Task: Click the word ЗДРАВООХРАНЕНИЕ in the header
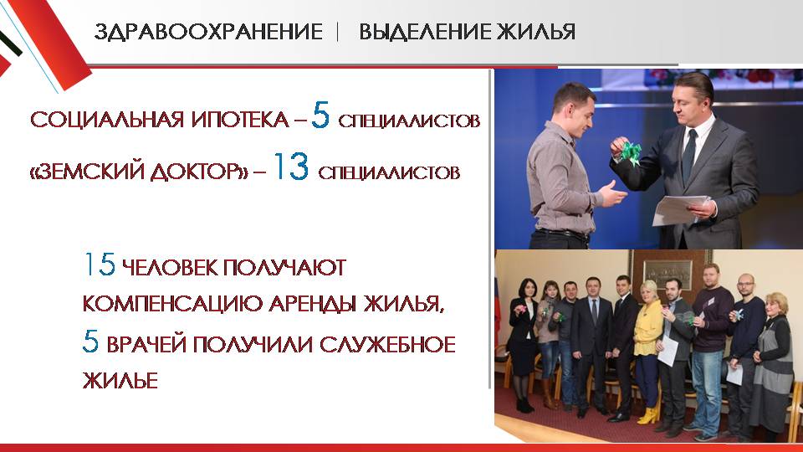pyautogui.click(x=208, y=32)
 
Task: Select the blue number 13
pyautogui.click(x=291, y=167)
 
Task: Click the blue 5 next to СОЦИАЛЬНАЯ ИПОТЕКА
pyautogui.click(x=320, y=116)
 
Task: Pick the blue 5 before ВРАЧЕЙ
pyautogui.click(x=90, y=342)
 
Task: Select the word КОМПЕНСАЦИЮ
pyautogui.click(x=173, y=304)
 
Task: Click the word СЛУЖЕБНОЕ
pyautogui.click(x=387, y=344)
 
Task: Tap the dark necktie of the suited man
pyautogui.click(x=688, y=155)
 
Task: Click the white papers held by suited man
pyautogui.click(x=680, y=210)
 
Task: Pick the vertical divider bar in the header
pyautogui.click(x=338, y=32)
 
